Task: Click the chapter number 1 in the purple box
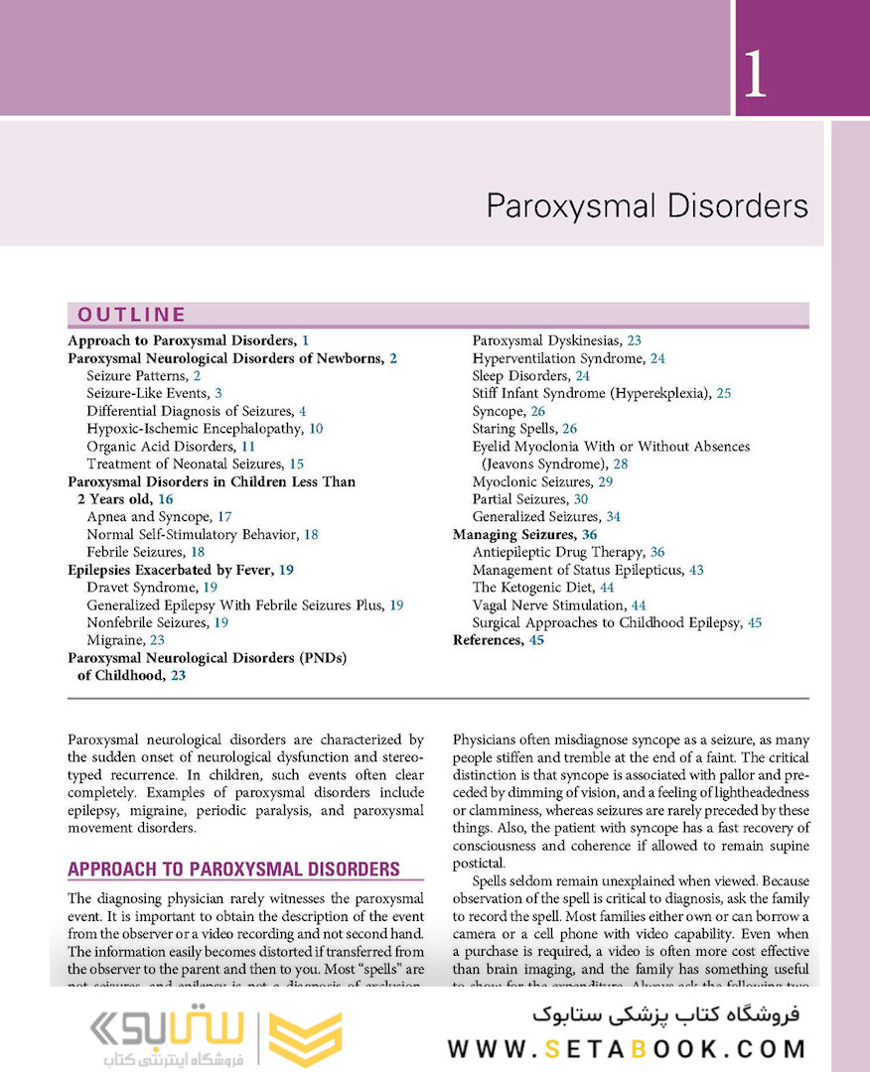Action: pyautogui.click(x=754, y=75)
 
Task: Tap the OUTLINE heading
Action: pyautogui.click(x=132, y=315)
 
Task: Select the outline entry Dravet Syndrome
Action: pyautogui.click(x=142, y=588)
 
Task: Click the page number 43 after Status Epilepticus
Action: pyautogui.click(x=696, y=570)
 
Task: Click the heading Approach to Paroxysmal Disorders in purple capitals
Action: pyautogui.click(x=233, y=870)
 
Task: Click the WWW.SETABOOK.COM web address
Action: pyautogui.click(x=627, y=1048)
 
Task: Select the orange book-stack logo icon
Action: pyautogui.click(x=307, y=1038)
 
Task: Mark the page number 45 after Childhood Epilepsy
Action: pyautogui.click(x=755, y=622)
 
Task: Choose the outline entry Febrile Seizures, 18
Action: pyautogui.click(x=135, y=552)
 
